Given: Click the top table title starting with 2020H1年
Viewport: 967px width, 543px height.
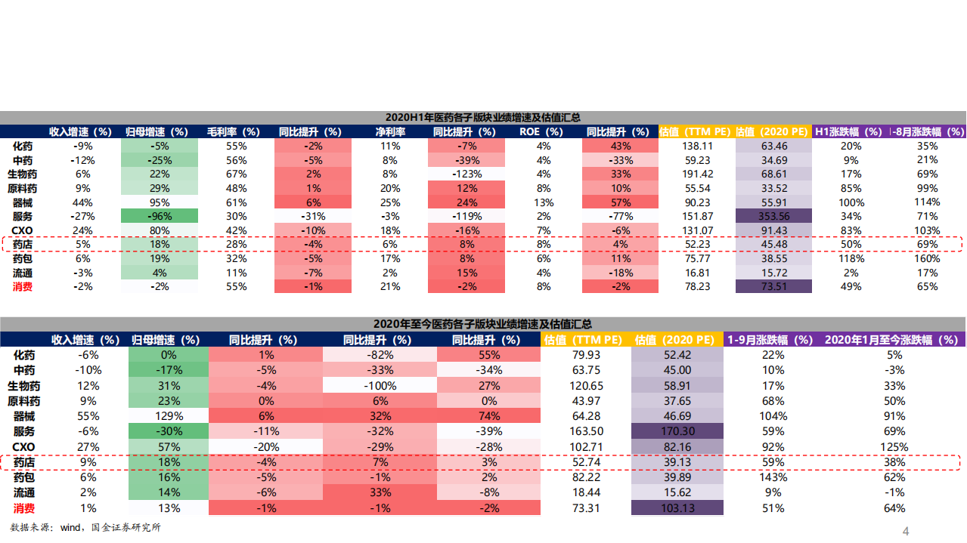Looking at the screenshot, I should coord(482,117).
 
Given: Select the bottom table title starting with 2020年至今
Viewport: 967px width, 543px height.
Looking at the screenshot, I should coord(482,324).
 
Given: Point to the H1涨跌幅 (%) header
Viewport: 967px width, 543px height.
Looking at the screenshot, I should coord(851,131).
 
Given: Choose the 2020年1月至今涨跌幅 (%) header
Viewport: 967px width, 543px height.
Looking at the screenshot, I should coord(894,340).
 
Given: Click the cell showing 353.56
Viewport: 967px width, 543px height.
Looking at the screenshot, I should coord(773,216).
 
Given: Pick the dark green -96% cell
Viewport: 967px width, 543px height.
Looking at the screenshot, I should coord(159,216).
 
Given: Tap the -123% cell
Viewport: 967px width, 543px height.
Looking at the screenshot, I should coord(466,174).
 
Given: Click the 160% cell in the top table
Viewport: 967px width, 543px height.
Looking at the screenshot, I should coord(927,258).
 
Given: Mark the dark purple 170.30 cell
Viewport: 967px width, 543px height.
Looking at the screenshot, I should coord(677,431).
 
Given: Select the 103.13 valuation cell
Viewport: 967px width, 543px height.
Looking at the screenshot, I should coord(677,508).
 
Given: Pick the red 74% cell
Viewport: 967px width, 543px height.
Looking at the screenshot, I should coord(489,416).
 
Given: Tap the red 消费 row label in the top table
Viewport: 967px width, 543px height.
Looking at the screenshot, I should coord(23,287).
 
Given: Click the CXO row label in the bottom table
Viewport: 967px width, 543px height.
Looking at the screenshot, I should coord(24,447).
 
